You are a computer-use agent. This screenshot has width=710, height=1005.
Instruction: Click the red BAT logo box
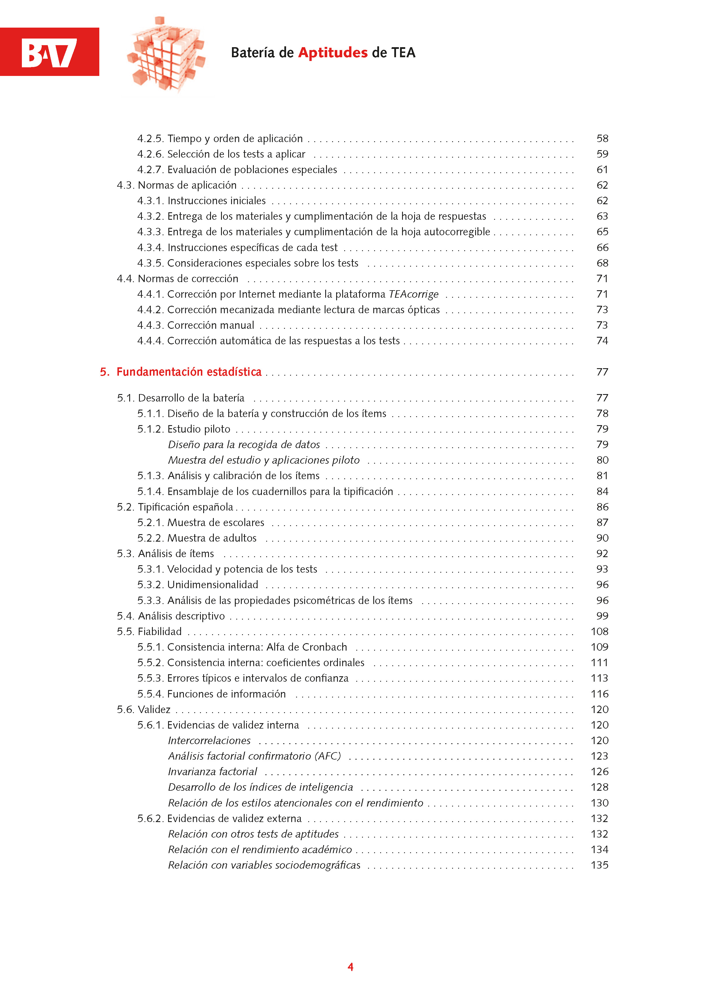[50, 52]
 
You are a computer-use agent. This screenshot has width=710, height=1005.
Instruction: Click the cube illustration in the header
[166, 55]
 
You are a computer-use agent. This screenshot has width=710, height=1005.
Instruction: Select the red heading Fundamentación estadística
[189, 372]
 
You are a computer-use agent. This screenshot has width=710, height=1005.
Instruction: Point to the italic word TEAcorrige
[414, 294]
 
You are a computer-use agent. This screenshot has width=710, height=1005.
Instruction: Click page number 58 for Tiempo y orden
[602, 139]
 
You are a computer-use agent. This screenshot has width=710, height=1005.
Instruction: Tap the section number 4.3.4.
[150, 248]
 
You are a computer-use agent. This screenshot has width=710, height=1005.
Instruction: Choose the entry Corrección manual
[210, 325]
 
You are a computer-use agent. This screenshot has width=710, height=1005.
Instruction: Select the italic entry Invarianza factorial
[212, 772]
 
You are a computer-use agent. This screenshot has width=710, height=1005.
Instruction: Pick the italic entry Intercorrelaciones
[209, 741]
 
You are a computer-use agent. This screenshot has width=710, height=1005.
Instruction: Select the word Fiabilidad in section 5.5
[159, 632]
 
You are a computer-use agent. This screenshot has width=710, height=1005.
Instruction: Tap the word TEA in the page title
[403, 53]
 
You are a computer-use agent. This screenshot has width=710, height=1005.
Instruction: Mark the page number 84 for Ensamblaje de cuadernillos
[602, 492]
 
